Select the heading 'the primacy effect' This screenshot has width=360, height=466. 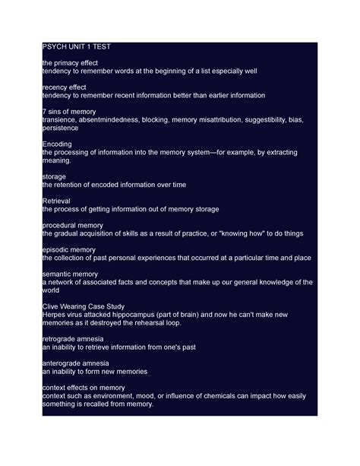[x=70, y=62]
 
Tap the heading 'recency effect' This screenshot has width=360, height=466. [x=65, y=87]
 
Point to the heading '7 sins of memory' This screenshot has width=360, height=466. [x=69, y=112]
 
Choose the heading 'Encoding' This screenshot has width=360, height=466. [x=57, y=144]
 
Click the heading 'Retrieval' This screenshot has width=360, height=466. [x=58, y=201]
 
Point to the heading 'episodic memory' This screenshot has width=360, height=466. [x=68, y=249]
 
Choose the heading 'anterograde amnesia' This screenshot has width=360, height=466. [x=75, y=363]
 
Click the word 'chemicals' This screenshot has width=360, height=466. [x=232, y=396]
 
